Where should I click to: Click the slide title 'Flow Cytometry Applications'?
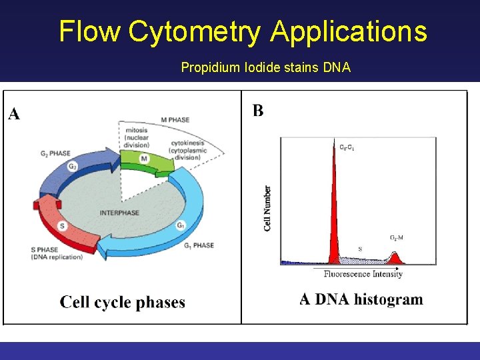coord(243,31)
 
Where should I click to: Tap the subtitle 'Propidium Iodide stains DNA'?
coord(266,67)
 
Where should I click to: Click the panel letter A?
coord(14,115)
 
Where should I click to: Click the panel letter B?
coord(258,111)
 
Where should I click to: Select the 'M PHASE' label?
coord(175,120)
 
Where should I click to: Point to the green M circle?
coord(144,159)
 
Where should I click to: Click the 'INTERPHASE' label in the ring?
coord(119,212)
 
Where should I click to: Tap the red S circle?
coord(62,227)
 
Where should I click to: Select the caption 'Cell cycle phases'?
coord(123,303)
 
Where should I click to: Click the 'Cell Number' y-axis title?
coord(268,208)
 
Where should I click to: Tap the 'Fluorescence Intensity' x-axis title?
coord(363,274)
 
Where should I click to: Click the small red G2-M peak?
coord(395,257)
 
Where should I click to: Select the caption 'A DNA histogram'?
coord(361,299)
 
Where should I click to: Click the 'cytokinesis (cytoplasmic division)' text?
coord(189,151)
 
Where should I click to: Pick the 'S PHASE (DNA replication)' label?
coord(57,253)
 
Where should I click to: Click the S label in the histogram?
coord(361,249)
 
